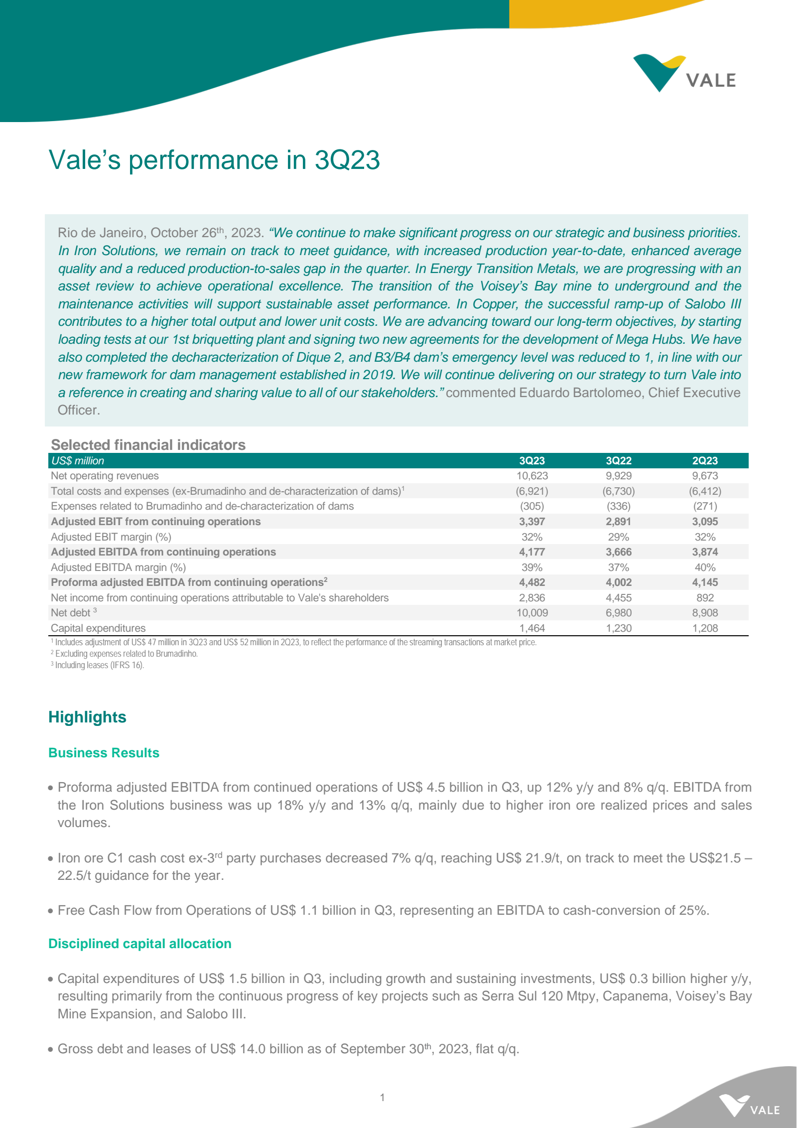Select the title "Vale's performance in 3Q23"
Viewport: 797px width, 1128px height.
pos(214,160)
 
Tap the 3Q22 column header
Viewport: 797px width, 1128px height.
pos(618,461)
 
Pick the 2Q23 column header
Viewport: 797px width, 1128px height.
pos(705,461)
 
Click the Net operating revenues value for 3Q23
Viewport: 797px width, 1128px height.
pos(532,476)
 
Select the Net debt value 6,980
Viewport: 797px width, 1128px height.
pos(618,613)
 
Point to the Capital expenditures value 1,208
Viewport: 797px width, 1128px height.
pos(705,628)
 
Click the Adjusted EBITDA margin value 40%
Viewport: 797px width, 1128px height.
pos(705,567)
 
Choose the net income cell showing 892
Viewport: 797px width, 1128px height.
pos(705,598)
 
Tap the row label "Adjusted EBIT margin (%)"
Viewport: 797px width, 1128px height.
pos(111,537)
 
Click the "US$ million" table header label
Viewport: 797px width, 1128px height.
pos(78,461)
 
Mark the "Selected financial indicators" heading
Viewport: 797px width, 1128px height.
pos(148,445)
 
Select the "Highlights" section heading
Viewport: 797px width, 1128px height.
pos(87,717)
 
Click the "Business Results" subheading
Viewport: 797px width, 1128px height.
pos(104,753)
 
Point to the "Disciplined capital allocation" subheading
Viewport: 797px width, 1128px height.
pos(140,944)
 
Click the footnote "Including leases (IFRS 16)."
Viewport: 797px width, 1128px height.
pos(99,665)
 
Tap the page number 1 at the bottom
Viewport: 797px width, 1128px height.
pos(382,1098)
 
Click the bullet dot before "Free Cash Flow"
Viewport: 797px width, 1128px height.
pos(51,911)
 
